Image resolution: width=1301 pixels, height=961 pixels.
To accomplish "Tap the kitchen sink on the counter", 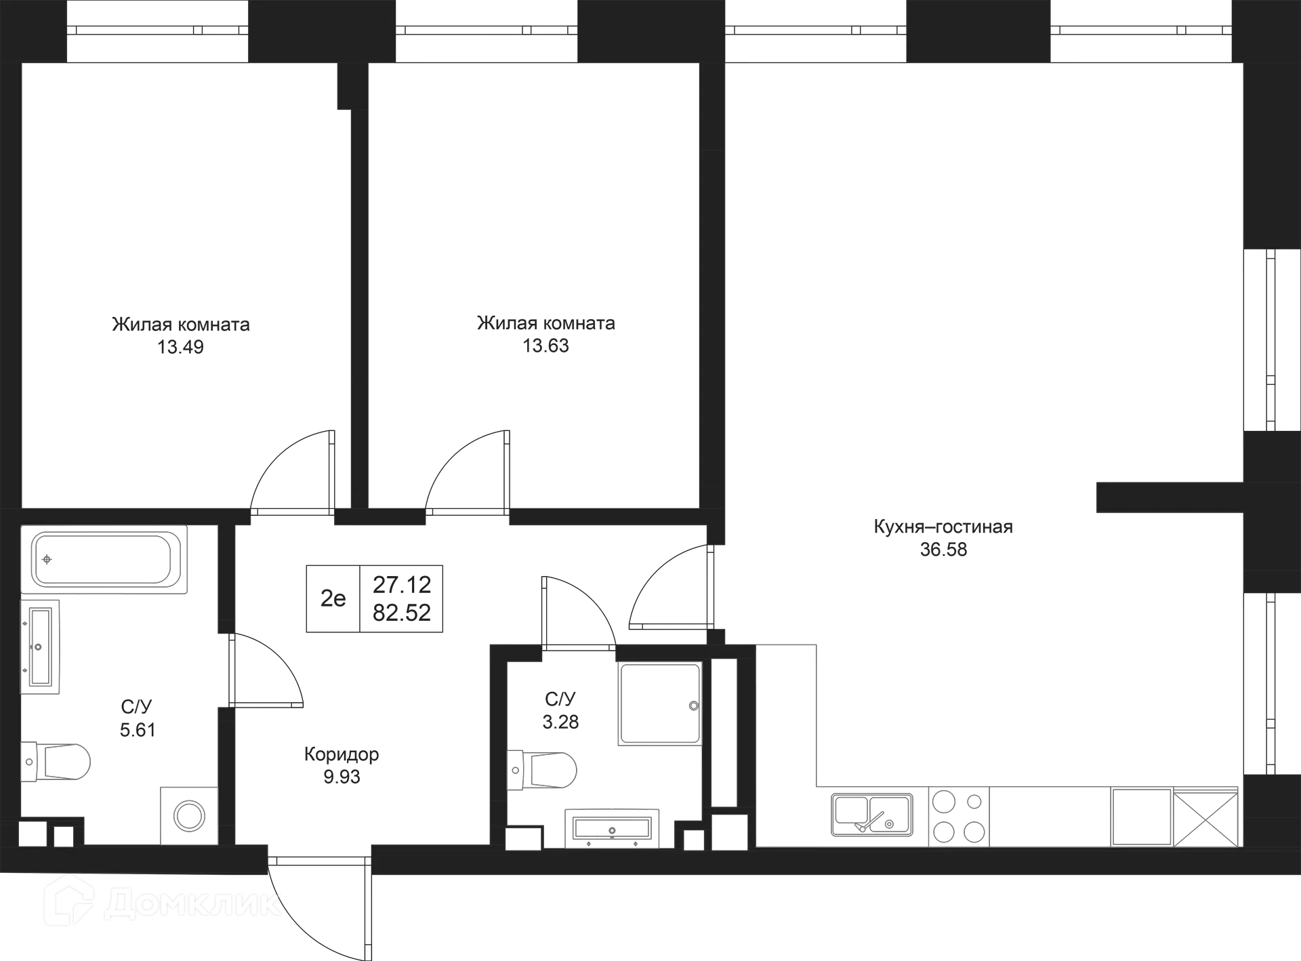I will [872, 815].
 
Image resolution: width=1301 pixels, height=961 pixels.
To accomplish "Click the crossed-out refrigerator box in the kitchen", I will [1205, 817].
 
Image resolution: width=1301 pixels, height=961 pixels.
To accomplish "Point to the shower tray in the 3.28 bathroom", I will [659, 705].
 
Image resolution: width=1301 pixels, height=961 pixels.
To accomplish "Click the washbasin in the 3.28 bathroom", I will [612, 826].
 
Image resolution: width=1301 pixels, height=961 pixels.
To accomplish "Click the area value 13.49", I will [180, 348].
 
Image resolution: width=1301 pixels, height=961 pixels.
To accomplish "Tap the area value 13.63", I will [548, 347].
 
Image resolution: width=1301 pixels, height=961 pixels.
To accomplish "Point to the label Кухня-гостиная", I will [943, 527].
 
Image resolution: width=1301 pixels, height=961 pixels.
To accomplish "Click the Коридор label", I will [344, 754].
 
